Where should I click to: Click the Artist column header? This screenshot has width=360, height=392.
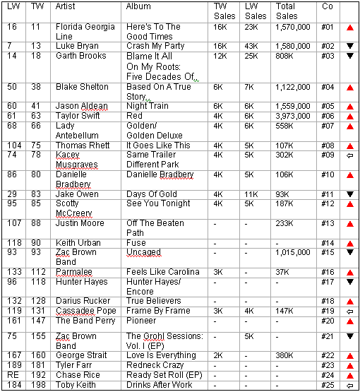click(67, 6)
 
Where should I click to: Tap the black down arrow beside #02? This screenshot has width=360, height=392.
click(349, 46)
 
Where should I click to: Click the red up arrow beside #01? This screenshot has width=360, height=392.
click(349, 28)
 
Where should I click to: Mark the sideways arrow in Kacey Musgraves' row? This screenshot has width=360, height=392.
click(349, 155)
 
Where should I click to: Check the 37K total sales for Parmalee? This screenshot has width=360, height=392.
click(284, 272)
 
